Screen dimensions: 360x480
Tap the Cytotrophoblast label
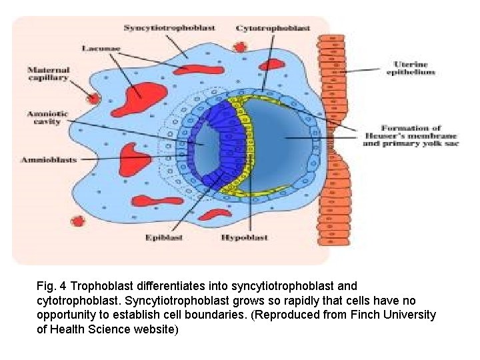coord(273,28)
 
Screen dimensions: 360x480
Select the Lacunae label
coord(102,48)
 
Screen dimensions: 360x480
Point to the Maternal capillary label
coord(47,74)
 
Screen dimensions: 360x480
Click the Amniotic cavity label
coord(47,119)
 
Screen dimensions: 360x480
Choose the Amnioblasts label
coord(48,160)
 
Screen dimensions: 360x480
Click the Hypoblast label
coord(245,237)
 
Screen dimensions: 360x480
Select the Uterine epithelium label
coord(412,68)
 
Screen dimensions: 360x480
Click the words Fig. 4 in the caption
coord(51,286)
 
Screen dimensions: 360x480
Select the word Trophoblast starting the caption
coord(100,286)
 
